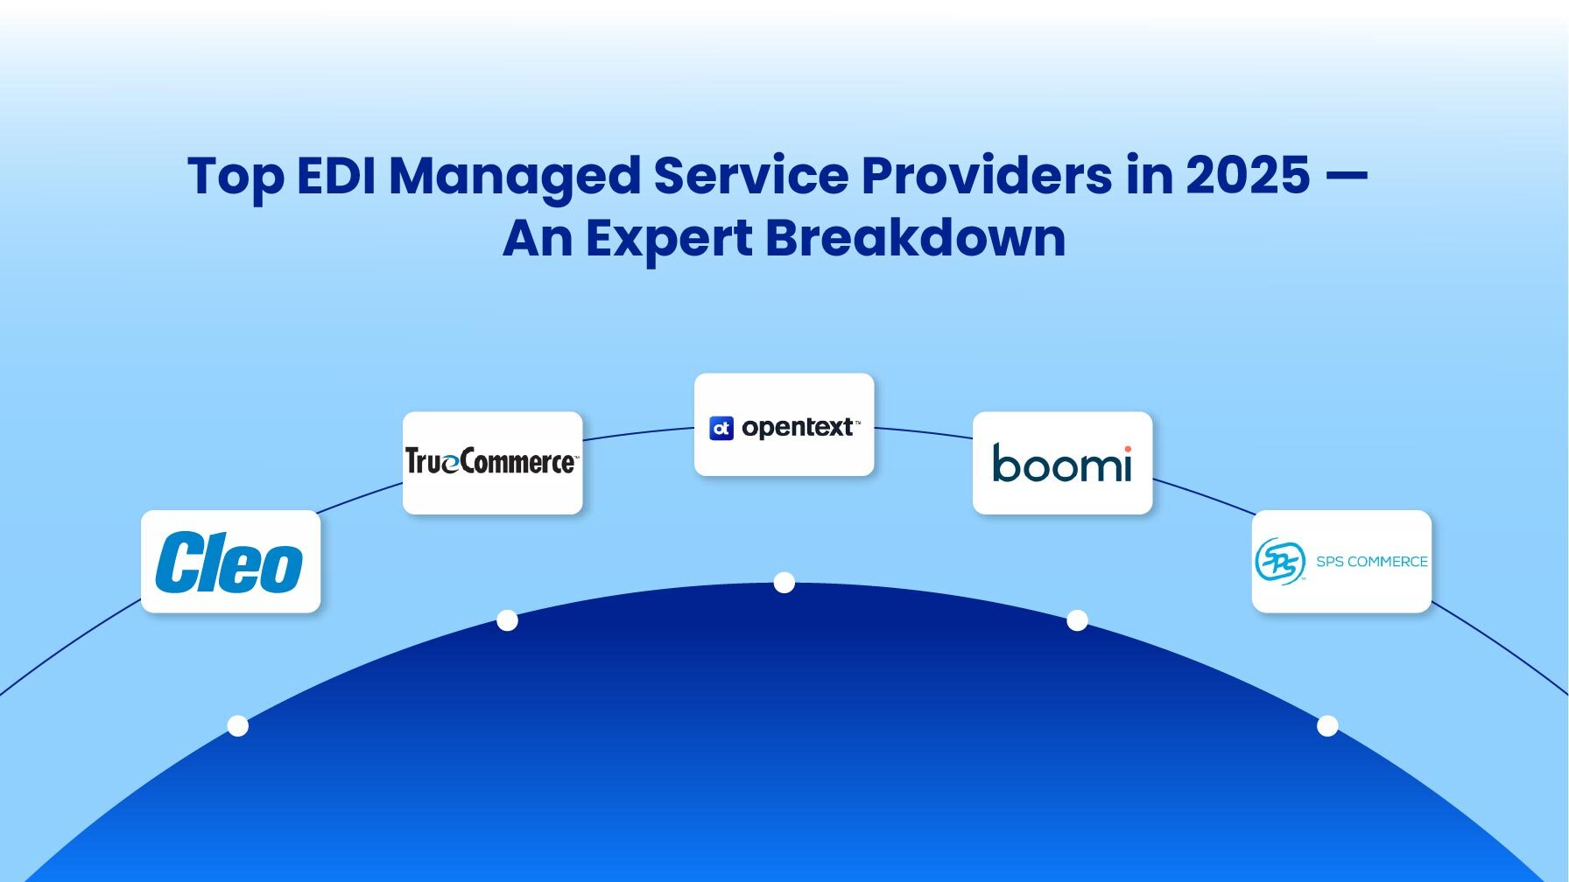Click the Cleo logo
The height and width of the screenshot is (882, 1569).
click(x=229, y=562)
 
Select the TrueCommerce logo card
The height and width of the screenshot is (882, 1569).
click(x=492, y=462)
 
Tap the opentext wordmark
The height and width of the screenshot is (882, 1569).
click(x=797, y=428)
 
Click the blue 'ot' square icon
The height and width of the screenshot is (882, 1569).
click(x=721, y=428)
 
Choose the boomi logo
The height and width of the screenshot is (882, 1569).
click(x=1061, y=463)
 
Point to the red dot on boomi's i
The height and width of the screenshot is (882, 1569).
click(x=1127, y=449)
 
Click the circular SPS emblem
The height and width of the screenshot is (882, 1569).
click(x=1280, y=561)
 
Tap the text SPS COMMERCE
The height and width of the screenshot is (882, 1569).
click(x=1371, y=562)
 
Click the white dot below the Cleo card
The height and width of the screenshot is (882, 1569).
click(x=237, y=725)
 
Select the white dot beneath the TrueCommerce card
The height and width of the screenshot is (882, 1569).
click(x=507, y=620)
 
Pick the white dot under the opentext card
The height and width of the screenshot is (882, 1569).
click(x=784, y=583)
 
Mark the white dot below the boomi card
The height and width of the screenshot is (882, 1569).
click(x=1077, y=620)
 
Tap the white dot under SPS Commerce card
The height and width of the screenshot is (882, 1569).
click(x=1327, y=725)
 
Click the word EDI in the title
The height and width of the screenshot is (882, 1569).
click(x=336, y=175)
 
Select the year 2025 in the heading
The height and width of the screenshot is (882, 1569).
click(x=1248, y=175)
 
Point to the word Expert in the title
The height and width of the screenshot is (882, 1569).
click(x=669, y=238)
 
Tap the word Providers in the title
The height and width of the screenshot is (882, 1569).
click(x=987, y=175)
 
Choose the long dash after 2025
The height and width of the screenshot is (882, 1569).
click(x=1346, y=177)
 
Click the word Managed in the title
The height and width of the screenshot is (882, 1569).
click(x=515, y=177)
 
